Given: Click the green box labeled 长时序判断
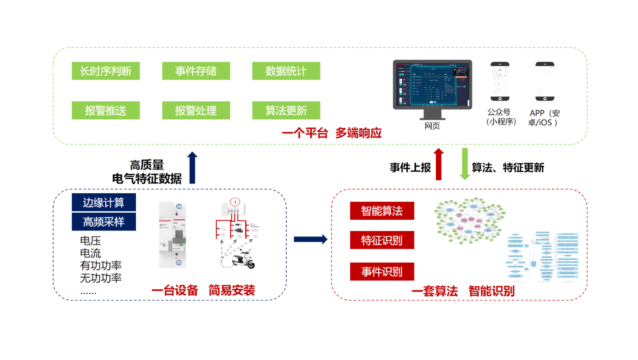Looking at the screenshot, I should tap(106, 71).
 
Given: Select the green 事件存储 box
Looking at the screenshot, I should tap(196, 71).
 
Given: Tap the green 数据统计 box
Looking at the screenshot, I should tap(286, 71).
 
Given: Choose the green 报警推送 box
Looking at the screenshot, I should tap(106, 110).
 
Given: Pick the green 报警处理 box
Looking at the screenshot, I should tap(196, 110).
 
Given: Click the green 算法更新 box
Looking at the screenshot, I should tap(286, 110).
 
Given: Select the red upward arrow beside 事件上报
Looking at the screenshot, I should tap(438, 164).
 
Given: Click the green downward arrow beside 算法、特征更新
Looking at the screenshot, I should tap(465, 164).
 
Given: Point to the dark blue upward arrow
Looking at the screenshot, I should tap(192, 167).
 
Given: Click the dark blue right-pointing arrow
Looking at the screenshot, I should tap(310, 239).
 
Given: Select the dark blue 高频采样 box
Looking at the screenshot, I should tap(104, 222).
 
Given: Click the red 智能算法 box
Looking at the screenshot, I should tap(382, 211).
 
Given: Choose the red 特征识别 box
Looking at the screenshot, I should tap(382, 241).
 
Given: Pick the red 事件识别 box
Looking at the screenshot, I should tap(382, 272).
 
